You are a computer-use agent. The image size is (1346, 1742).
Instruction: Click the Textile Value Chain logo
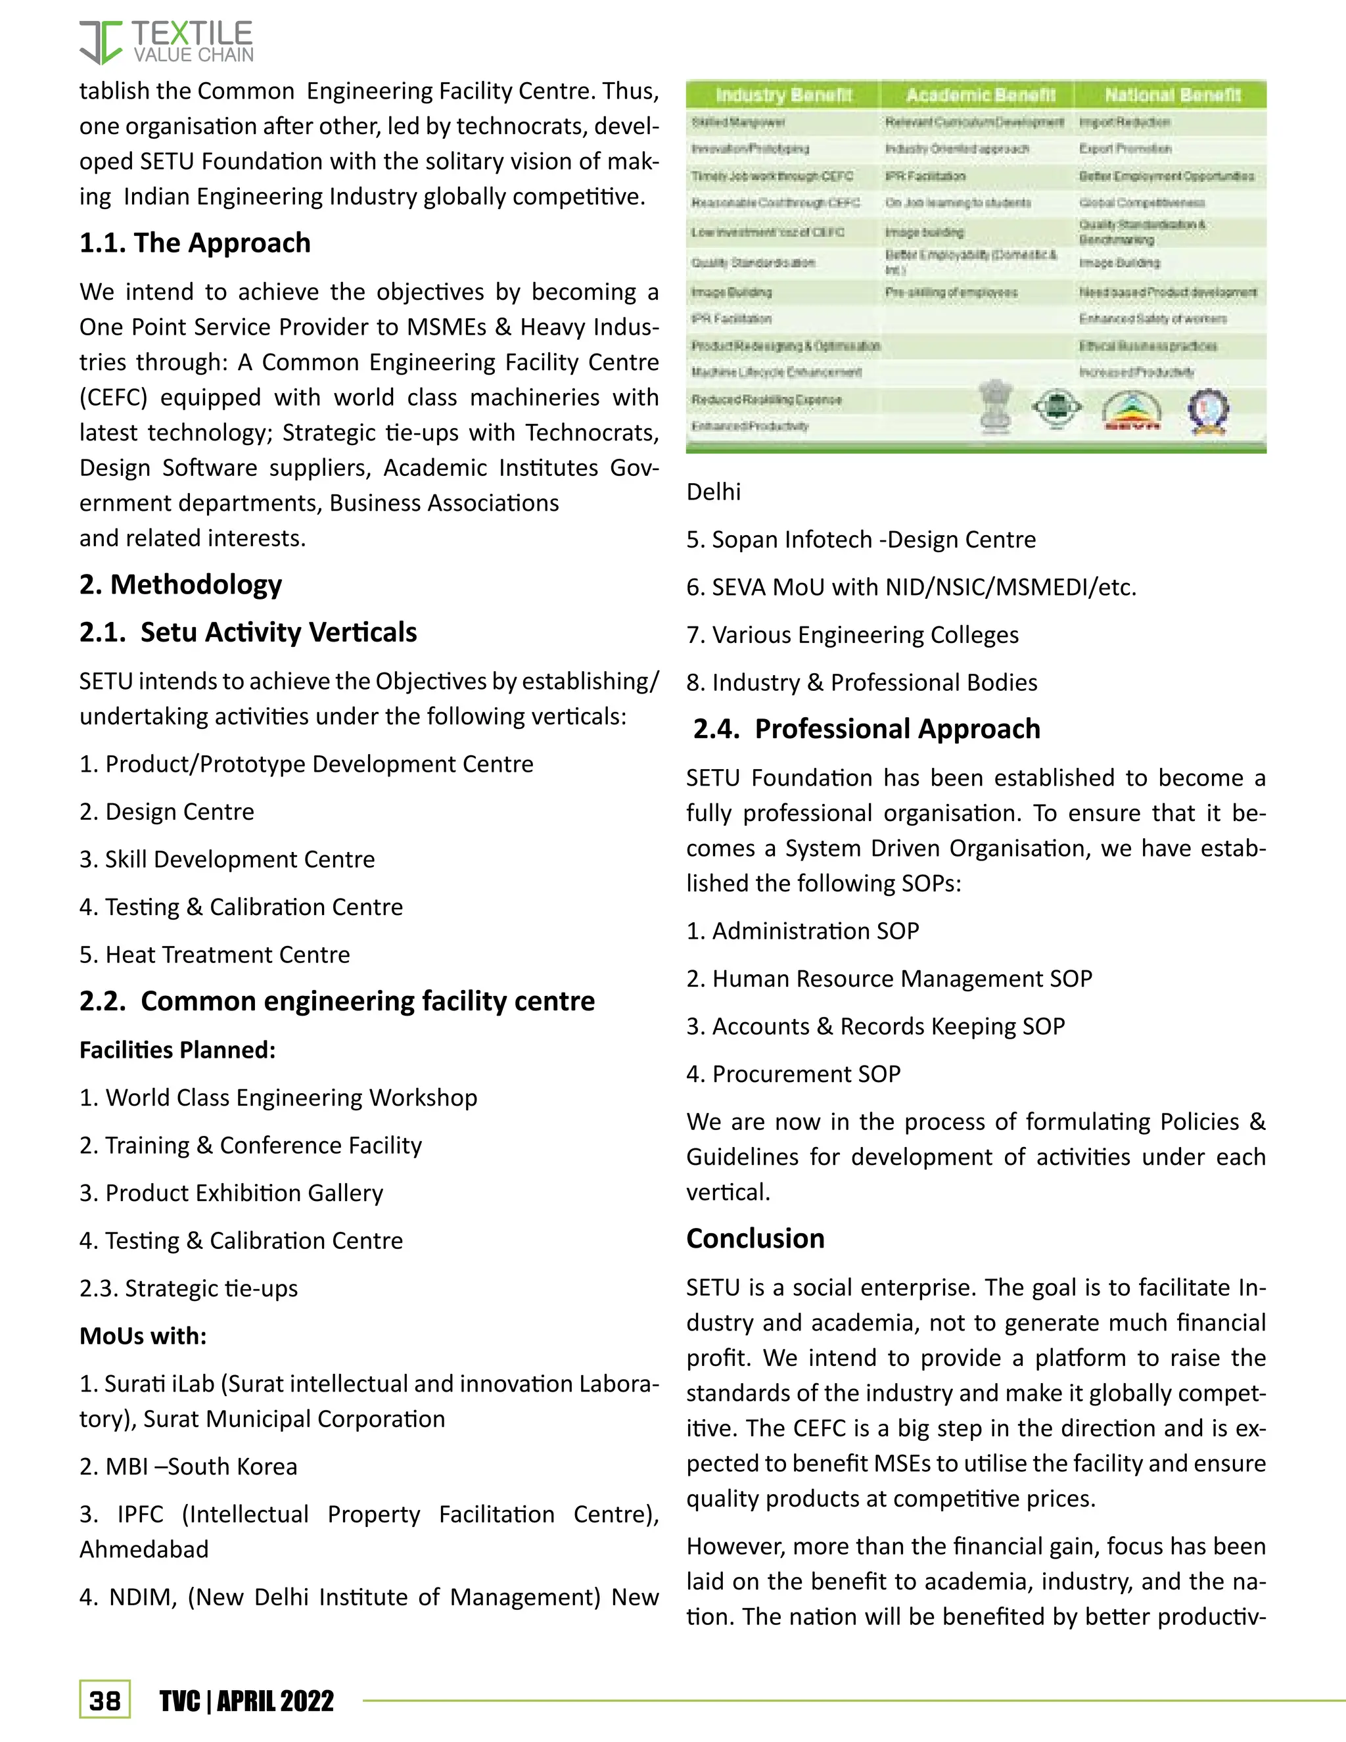coord(166,42)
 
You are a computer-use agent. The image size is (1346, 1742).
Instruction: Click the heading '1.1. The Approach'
coord(195,243)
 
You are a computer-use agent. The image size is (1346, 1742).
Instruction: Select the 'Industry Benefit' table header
coord(783,95)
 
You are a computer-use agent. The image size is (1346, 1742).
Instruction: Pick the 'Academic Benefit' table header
coord(980,95)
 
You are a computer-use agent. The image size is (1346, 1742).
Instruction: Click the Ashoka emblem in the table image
coord(996,407)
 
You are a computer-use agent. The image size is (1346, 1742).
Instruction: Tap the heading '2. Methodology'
coord(180,584)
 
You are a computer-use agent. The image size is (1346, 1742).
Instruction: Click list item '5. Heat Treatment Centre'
coord(214,954)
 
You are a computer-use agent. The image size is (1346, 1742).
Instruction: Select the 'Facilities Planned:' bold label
coord(177,1050)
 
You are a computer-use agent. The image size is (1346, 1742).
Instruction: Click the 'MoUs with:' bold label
coord(143,1336)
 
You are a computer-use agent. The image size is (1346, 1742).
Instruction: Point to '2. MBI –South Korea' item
coord(188,1466)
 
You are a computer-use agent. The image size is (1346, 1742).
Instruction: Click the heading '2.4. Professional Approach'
coord(866,729)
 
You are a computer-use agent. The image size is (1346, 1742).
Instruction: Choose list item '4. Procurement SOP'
coord(793,1073)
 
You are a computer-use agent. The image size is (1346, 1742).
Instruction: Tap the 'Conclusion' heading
coord(755,1238)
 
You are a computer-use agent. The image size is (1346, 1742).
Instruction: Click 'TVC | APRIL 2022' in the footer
coord(246,1701)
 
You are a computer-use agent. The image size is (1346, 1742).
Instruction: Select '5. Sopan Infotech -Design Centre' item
coord(861,539)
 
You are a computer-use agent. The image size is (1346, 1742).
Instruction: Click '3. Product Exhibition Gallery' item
coord(231,1192)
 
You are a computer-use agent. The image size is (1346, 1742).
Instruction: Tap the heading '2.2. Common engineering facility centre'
coord(336,1001)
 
